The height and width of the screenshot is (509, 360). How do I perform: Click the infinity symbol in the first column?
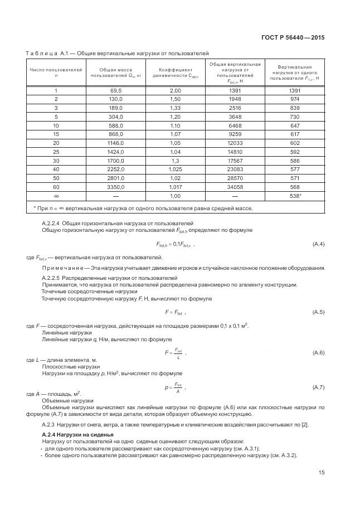[56, 197]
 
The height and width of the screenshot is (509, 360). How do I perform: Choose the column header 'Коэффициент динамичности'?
[176, 73]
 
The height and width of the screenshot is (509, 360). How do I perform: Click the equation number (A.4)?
[319, 244]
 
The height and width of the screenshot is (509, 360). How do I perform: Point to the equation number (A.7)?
[319, 387]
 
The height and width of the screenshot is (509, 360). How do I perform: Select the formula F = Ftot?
[174, 312]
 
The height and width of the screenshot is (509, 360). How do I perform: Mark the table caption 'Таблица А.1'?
[46, 52]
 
